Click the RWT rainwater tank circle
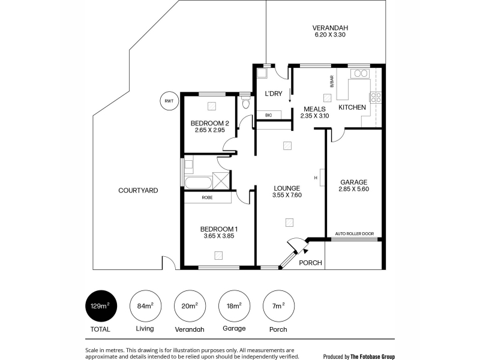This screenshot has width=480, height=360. point(169,101)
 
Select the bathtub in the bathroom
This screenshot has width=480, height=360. point(198,183)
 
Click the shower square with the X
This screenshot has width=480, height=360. point(221,181)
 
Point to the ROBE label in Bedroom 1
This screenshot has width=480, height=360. point(207,198)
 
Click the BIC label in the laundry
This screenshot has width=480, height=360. point(268,115)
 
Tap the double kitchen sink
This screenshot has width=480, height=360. point(361,73)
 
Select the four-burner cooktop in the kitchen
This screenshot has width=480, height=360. point(376,97)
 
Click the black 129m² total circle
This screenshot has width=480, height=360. point(101,306)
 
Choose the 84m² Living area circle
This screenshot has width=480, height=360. point(145,306)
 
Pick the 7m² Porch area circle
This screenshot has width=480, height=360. point(278,306)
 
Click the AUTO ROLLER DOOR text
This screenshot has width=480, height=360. point(355,233)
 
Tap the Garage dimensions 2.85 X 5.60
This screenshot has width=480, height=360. point(353,189)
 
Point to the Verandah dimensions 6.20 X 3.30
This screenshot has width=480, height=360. point(330,35)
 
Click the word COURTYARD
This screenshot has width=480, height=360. point(138,190)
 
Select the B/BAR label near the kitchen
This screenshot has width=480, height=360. point(332,82)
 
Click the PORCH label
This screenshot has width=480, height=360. point(310,263)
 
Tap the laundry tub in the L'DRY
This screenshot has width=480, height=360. point(262,73)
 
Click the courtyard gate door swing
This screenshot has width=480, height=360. point(169,262)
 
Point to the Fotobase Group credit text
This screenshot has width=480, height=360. point(359,356)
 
